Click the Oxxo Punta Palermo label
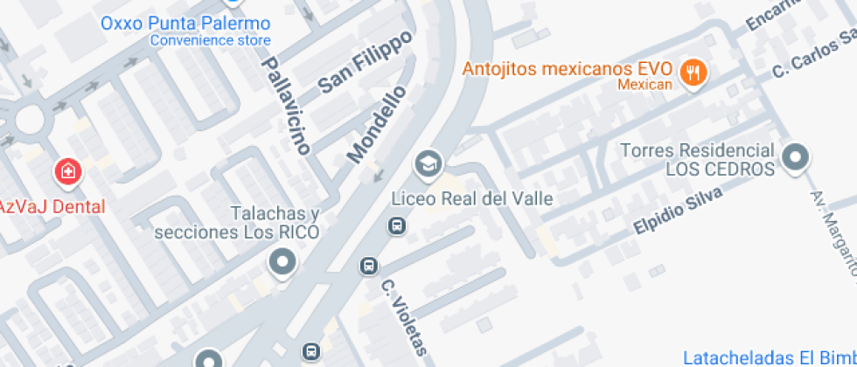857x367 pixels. (x=185, y=23)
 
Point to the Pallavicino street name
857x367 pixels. (x=286, y=106)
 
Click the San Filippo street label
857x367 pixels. (x=365, y=66)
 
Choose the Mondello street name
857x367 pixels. (x=377, y=124)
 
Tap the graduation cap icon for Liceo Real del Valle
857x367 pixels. (x=428, y=163)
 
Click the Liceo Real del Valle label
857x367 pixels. (x=472, y=198)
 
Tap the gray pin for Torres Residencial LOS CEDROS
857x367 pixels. (x=796, y=158)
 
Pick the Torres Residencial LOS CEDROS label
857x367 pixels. (x=698, y=159)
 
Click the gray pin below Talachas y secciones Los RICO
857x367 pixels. (x=282, y=262)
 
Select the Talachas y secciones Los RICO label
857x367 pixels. (x=237, y=224)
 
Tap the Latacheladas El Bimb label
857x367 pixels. (x=769, y=357)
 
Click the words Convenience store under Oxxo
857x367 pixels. (x=210, y=40)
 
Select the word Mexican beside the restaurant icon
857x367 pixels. (x=644, y=85)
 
